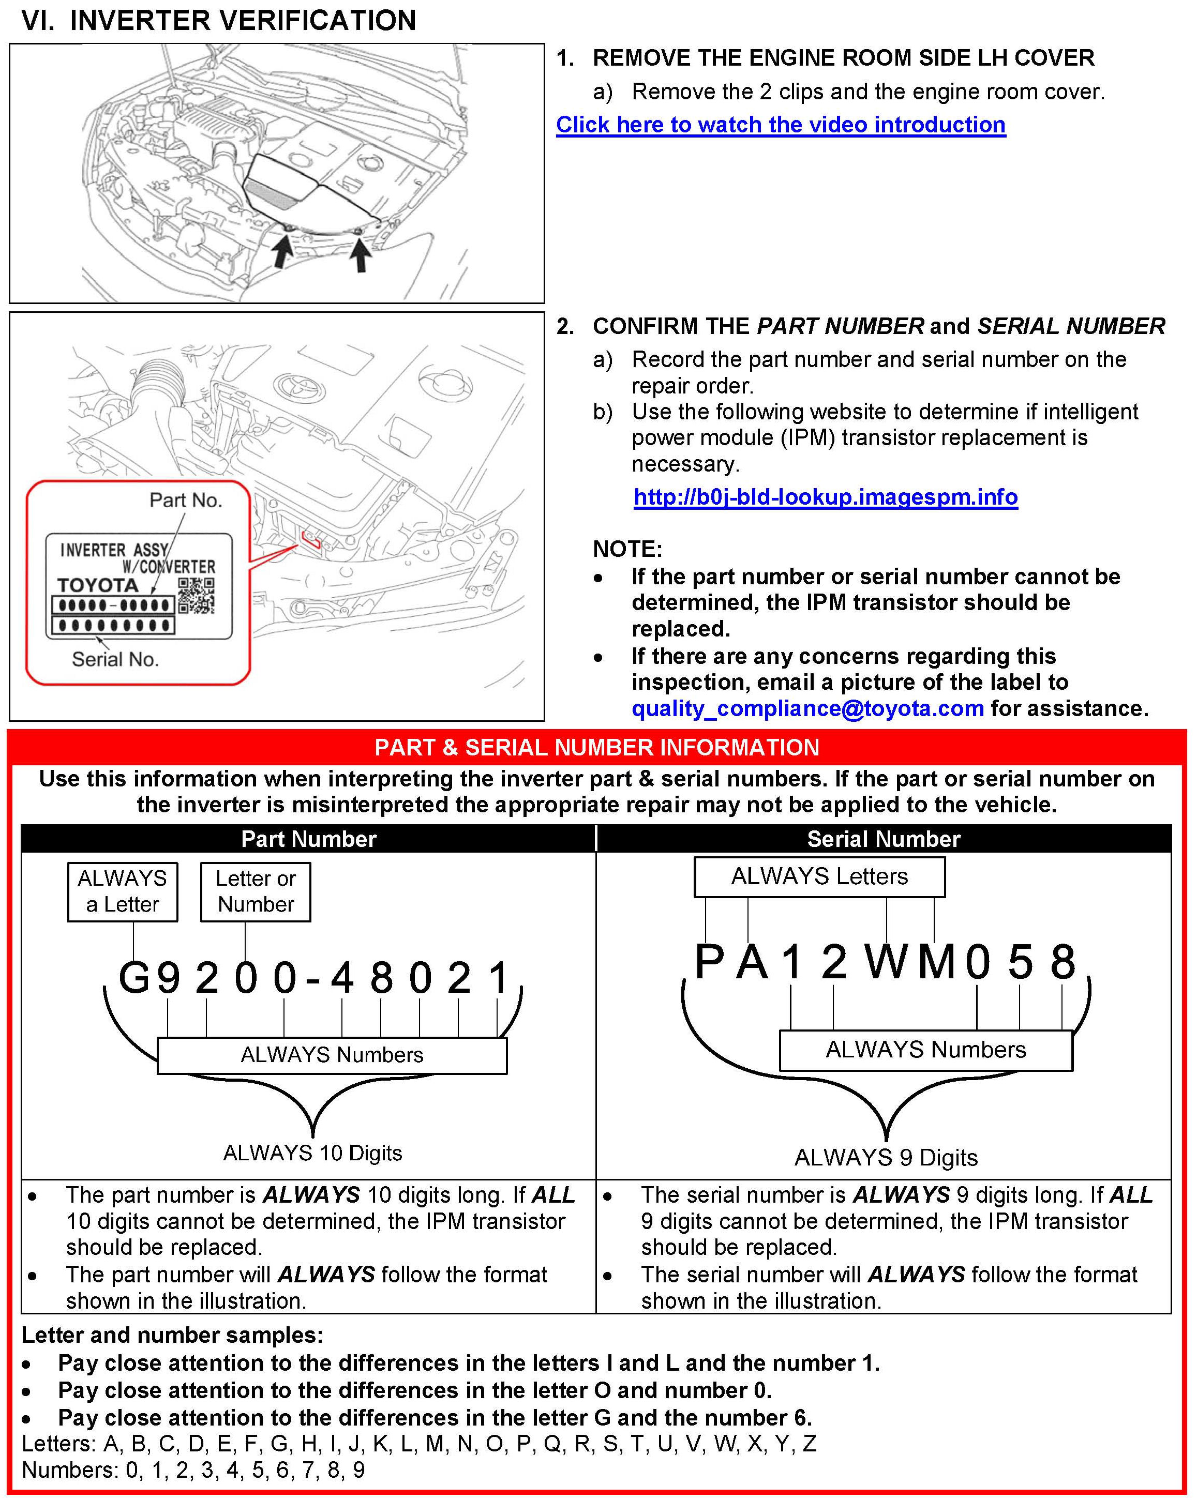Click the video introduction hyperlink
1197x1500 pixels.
[x=780, y=125]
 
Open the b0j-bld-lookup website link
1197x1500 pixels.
[x=826, y=497]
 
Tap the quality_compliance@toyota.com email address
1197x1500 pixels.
[x=807, y=708]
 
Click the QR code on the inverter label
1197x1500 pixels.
[x=196, y=596]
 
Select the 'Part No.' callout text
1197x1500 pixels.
[x=185, y=500]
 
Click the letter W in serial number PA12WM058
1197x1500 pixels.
[x=886, y=962]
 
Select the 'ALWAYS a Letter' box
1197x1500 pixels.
[x=123, y=891]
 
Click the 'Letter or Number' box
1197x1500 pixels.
[x=256, y=891]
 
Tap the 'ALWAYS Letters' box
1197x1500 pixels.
[x=819, y=876]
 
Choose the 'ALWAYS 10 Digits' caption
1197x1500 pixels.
[x=312, y=1153]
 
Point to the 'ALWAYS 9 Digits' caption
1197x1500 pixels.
[x=886, y=1158]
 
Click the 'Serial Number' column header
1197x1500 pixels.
[x=883, y=839]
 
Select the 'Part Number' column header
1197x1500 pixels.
[x=308, y=839]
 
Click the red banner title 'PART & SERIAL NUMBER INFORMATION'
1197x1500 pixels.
[x=596, y=747]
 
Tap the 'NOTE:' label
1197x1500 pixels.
[x=627, y=549]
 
